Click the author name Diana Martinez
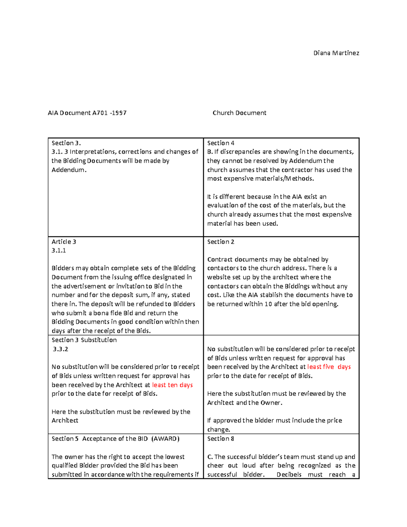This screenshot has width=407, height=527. pos(336,53)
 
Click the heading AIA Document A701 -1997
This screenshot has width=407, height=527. pos(87,113)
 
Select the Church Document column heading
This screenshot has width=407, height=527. pos(239,113)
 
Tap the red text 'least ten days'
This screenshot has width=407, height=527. pos(172,385)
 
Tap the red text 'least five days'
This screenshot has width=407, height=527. pos(329,367)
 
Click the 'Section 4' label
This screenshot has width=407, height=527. pos(220,143)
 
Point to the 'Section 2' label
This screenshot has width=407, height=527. pos(220,242)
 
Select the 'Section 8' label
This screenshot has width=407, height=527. pos(220,438)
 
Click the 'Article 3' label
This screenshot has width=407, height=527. pos(64,242)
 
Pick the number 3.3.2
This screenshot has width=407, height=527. pos(60,349)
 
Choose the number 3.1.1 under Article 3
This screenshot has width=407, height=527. pos(59,250)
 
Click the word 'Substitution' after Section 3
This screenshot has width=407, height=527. pos(99,340)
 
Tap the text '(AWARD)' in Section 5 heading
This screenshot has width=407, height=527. pos(165,438)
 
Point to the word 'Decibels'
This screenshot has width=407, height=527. pos(289,474)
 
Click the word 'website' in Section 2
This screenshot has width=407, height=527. pos(218,277)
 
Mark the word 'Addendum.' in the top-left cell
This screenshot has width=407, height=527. pos(69,170)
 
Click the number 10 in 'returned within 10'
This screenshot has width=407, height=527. pos(268,304)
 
